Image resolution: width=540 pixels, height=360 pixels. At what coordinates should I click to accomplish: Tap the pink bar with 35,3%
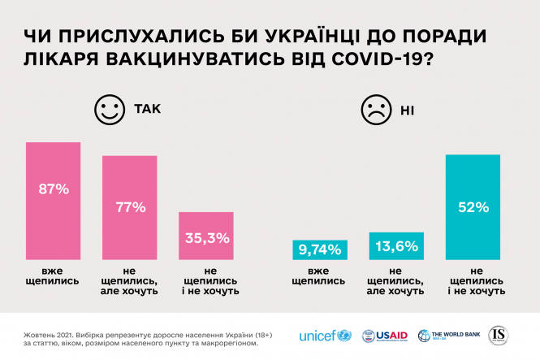tap(206, 236)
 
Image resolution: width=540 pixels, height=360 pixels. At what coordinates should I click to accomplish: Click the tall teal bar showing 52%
tap(473, 208)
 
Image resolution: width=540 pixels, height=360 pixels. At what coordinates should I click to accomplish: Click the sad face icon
tap(374, 110)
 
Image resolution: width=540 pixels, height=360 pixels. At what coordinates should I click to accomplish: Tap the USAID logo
tap(383, 336)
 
